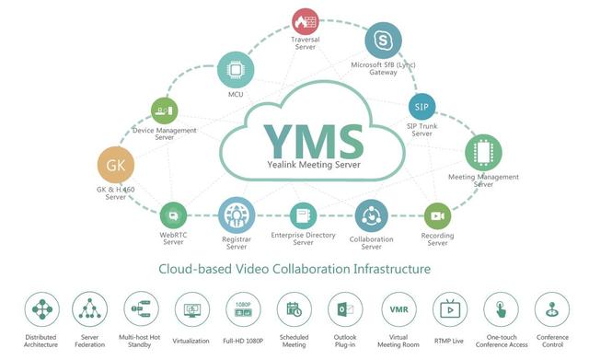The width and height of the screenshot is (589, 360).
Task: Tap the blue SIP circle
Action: (421, 104)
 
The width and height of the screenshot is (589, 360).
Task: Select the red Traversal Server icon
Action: (305, 22)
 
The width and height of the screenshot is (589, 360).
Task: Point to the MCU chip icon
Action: (234, 69)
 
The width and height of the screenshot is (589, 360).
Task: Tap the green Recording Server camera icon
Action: (437, 216)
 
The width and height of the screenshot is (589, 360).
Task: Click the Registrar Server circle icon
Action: (236, 216)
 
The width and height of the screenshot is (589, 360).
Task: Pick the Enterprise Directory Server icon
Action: (301, 217)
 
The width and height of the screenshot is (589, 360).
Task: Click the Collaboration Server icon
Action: (372, 217)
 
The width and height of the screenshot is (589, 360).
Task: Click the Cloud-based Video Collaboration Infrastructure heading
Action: (294, 270)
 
